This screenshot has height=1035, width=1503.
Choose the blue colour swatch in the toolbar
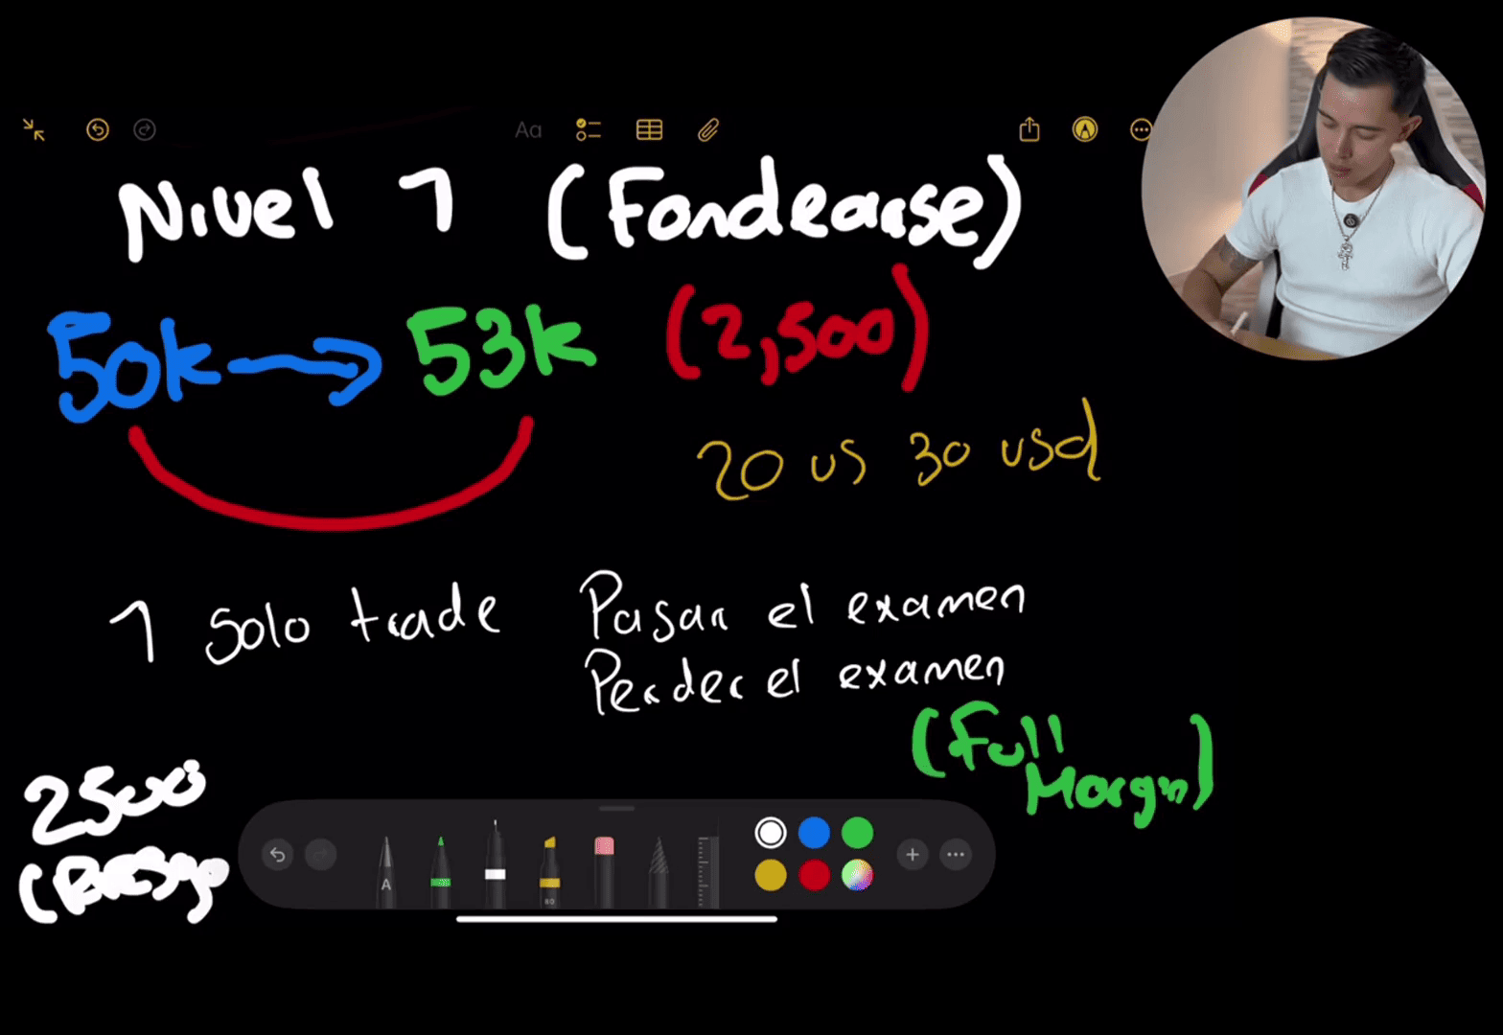pos(814,833)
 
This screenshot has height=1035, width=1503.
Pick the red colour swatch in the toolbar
pos(814,875)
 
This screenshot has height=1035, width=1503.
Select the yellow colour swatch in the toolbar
pos(770,875)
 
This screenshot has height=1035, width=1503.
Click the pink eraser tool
pos(604,867)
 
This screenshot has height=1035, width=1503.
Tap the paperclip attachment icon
pos(708,129)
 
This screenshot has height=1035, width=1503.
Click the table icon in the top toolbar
pos(649,129)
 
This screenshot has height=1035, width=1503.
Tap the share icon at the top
pos(1029,129)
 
